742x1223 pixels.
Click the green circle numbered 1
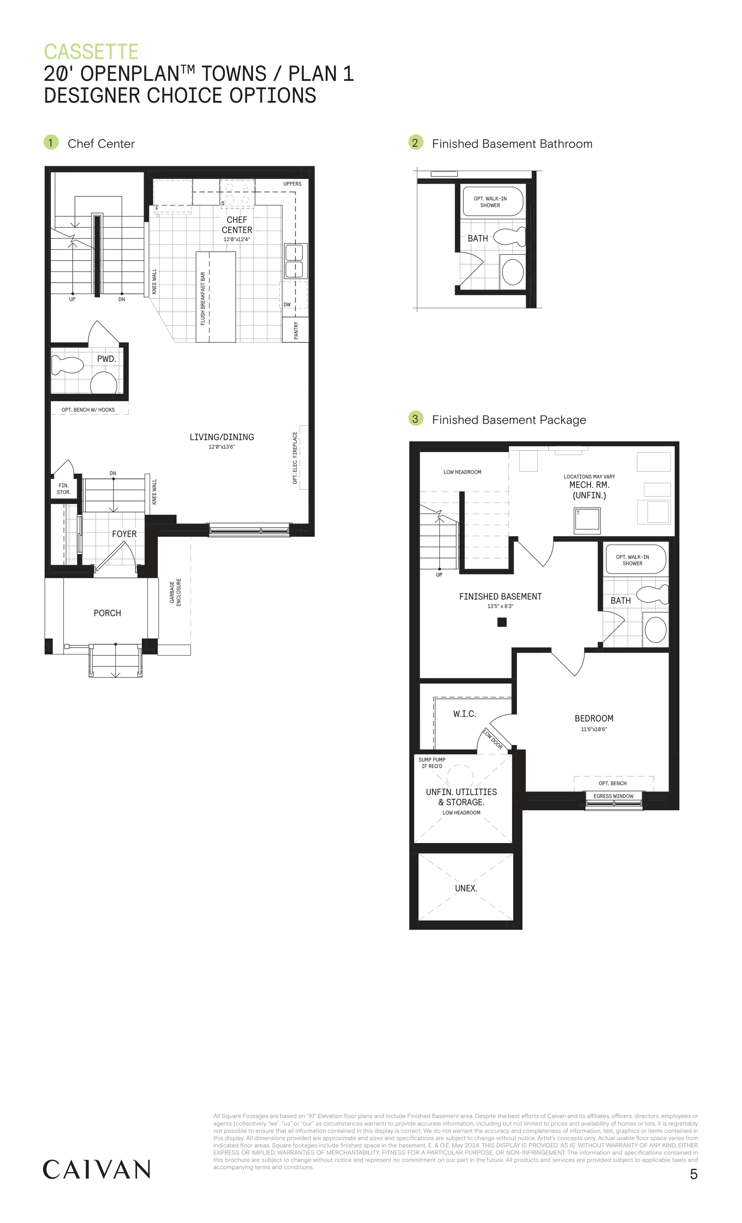click(51, 142)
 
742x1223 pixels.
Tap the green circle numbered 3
click(415, 419)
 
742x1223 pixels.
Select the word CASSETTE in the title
click(91, 52)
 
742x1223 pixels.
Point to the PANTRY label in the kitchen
click(296, 330)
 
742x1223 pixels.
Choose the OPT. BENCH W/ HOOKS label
click(88, 410)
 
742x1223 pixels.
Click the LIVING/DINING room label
click(222, 437)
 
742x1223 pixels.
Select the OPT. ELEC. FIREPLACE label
click(295, 458)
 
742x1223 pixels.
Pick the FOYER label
click(124, 534)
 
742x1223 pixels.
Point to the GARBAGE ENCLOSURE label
click(175, 592)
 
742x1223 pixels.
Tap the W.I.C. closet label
click(464, 714)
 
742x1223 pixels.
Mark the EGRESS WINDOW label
click(613, 796)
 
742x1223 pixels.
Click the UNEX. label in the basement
click(466, 888)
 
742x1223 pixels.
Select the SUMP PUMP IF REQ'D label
click(432, 763)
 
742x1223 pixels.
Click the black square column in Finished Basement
click(502, 622)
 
